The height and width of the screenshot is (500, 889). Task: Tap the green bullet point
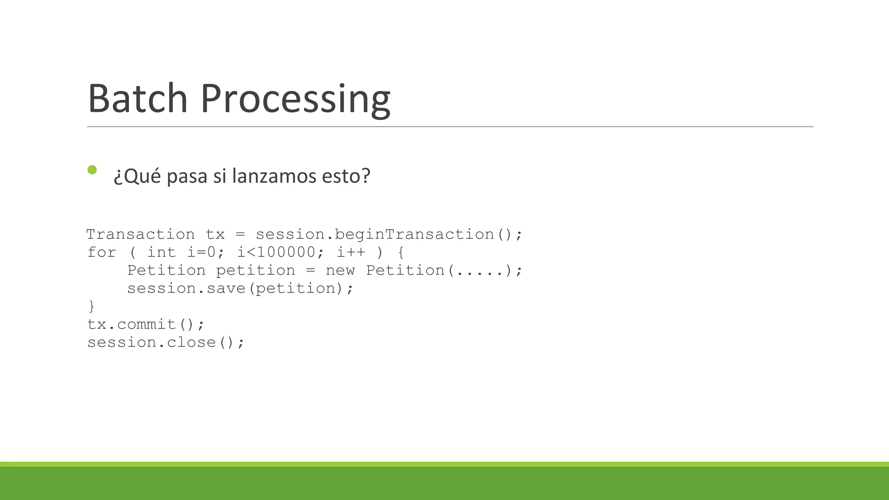(x=92, y=170)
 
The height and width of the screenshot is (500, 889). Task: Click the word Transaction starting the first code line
(x=141, y=234)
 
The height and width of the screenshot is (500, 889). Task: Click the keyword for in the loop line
(x=102, y=252)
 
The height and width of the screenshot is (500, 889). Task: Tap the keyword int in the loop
(x=161, y=252)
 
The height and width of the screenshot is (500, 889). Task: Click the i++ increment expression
(x=351, y=252)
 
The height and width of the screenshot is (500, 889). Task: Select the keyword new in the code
(x=340, y=270)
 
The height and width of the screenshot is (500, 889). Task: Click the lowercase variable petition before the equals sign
(x=255, y=270)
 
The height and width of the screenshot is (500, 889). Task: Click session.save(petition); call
(x=240, y=288)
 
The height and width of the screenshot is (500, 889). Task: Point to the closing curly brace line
(x=91, y=306)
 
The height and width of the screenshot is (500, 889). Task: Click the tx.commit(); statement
(x=145, y=324)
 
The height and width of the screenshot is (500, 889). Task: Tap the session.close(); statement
(x=166, y=342)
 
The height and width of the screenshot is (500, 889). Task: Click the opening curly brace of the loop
(x=401, y=252)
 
